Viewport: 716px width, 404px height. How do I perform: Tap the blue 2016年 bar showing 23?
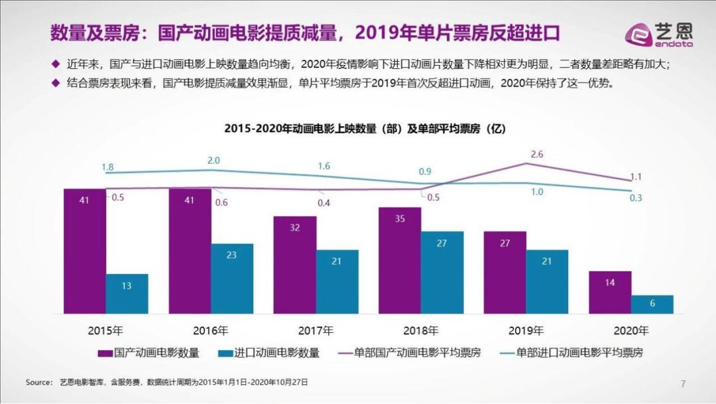[x=231, y=279]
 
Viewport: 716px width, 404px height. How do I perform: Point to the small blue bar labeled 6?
[x=652, y=304]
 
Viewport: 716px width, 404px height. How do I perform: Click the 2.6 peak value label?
[x=537, y=154]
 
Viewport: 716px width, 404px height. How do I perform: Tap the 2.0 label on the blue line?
[x=213, y=161]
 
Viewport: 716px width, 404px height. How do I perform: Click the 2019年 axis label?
[x=526, y=330]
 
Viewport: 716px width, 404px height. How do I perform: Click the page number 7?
[x=683, y=383]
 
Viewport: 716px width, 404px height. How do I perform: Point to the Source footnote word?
[x=38, y=383]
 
